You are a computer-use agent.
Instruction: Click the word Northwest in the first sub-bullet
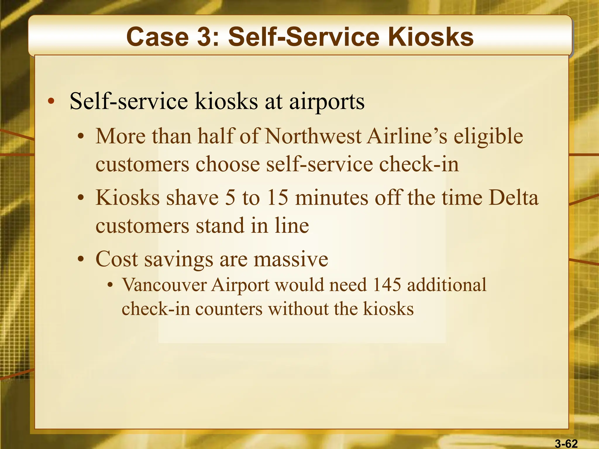pyautogui.click(x=313, y=136)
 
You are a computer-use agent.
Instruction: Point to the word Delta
pyautogui.click(x=513, y=198)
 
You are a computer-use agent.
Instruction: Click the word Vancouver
pyautogui.click(x=164, y=285)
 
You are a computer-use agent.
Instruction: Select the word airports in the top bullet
pyautogui.click(x=327, y=102)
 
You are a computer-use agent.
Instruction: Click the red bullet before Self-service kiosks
pyautogui.click(x=51, y=101)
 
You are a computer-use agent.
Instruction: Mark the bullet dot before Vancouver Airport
pyautogui.click(x=110, y=285)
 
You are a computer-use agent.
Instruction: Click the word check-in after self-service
pyautogui.click(x=419, y=164)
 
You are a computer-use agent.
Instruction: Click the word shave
pyautogui.click(x=192, y=198)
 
